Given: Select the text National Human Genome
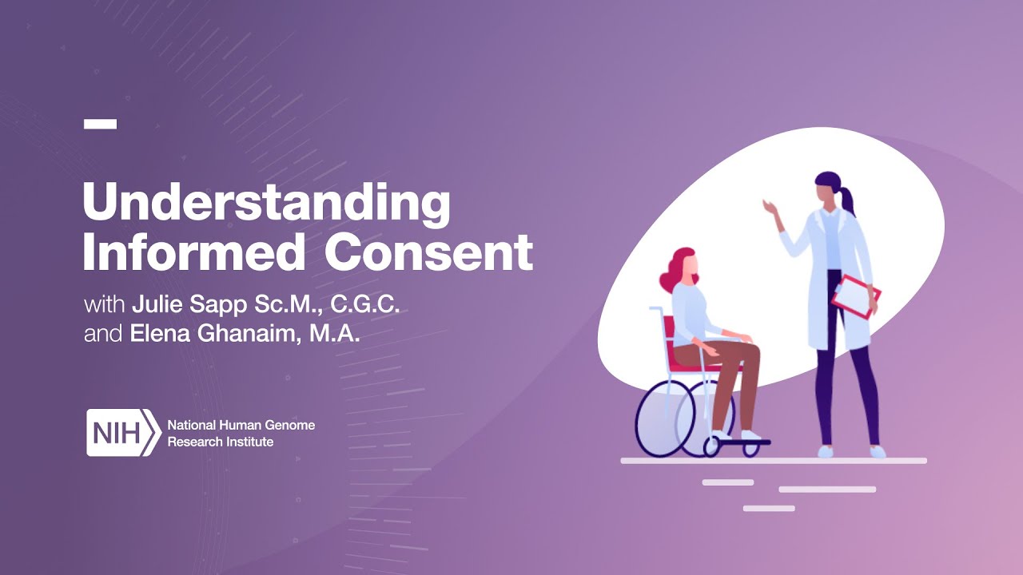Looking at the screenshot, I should [241, 425].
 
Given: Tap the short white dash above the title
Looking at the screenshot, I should [100, 124].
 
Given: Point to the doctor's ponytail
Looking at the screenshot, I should [846, 200].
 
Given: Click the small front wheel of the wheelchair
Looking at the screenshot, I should [750, 448].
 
